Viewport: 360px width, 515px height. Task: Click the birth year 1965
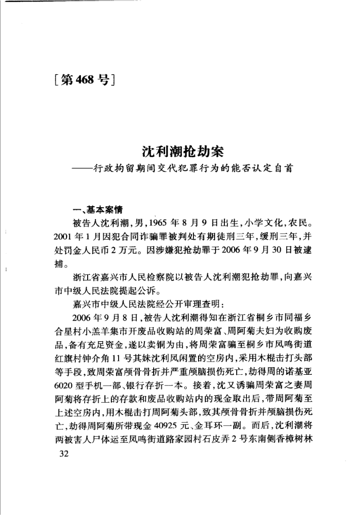click(168, 225)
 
